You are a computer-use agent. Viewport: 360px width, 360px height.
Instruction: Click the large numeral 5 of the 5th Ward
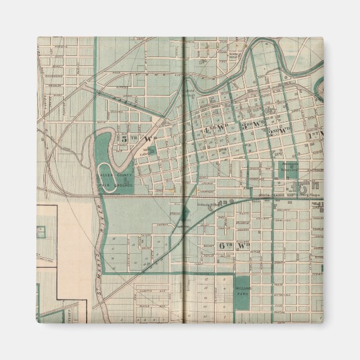(121, 138)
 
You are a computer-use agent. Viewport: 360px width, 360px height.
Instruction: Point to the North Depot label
(234, 56)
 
